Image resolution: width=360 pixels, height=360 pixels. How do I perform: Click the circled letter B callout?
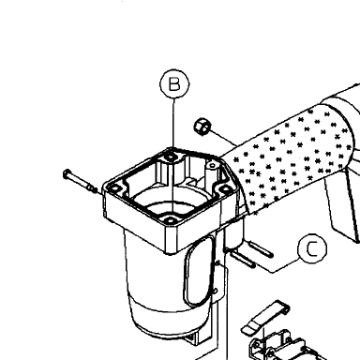point(174,84)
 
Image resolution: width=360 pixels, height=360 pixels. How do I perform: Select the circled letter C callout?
point(312,248)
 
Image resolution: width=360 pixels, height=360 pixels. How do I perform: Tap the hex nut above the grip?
point(202,127)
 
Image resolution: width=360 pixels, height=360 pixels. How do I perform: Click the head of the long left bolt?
point(67,174)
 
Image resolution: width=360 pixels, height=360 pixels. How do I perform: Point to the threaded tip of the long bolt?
point(93,188)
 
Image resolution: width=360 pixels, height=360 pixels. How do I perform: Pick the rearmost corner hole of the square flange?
point(171,157)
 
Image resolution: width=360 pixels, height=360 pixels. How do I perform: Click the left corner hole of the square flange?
point(114,188)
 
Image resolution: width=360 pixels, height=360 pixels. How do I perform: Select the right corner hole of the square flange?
point(224,189)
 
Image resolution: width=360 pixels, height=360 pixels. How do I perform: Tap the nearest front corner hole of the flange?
point(170,220)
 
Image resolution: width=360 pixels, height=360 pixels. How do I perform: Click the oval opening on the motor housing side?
point(200,271)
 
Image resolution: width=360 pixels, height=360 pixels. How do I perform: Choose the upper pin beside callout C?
point(261,249)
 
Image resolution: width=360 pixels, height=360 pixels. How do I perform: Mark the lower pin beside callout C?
point(243,260)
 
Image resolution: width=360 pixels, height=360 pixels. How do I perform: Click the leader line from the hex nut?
point(223,138)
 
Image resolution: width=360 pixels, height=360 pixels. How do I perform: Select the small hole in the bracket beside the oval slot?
point(215,292)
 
